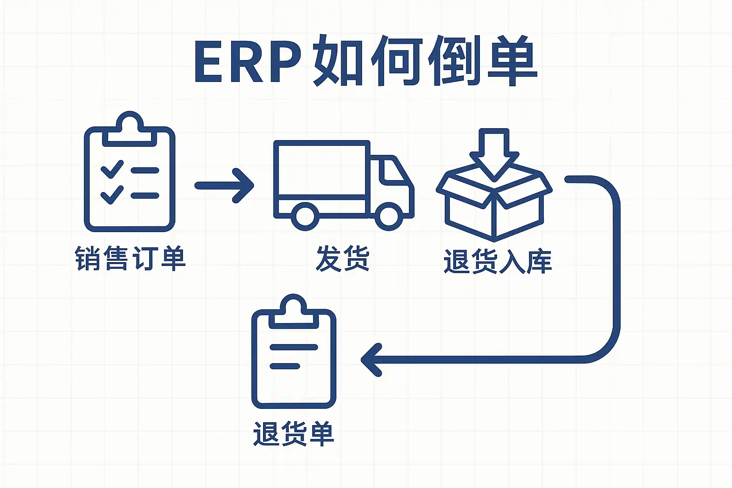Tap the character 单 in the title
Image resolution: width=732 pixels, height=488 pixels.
coord(512,61)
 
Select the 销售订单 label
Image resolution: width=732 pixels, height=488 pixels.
coord(130,259)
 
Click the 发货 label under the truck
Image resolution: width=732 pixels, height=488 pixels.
coord(343,259)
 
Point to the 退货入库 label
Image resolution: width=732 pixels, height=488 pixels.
coord(498,261)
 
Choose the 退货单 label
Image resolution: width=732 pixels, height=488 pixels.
coord(294,434)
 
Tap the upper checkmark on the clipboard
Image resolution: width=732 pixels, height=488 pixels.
coord(112,169)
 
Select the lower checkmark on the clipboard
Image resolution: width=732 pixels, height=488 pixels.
coord(112,194)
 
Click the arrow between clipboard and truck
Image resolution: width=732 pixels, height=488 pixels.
coord(224,185)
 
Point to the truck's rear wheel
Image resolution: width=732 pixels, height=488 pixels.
coord(305,216)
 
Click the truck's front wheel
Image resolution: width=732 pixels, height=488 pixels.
coord(389,216)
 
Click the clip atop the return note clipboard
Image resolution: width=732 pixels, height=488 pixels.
coord(294,310)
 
